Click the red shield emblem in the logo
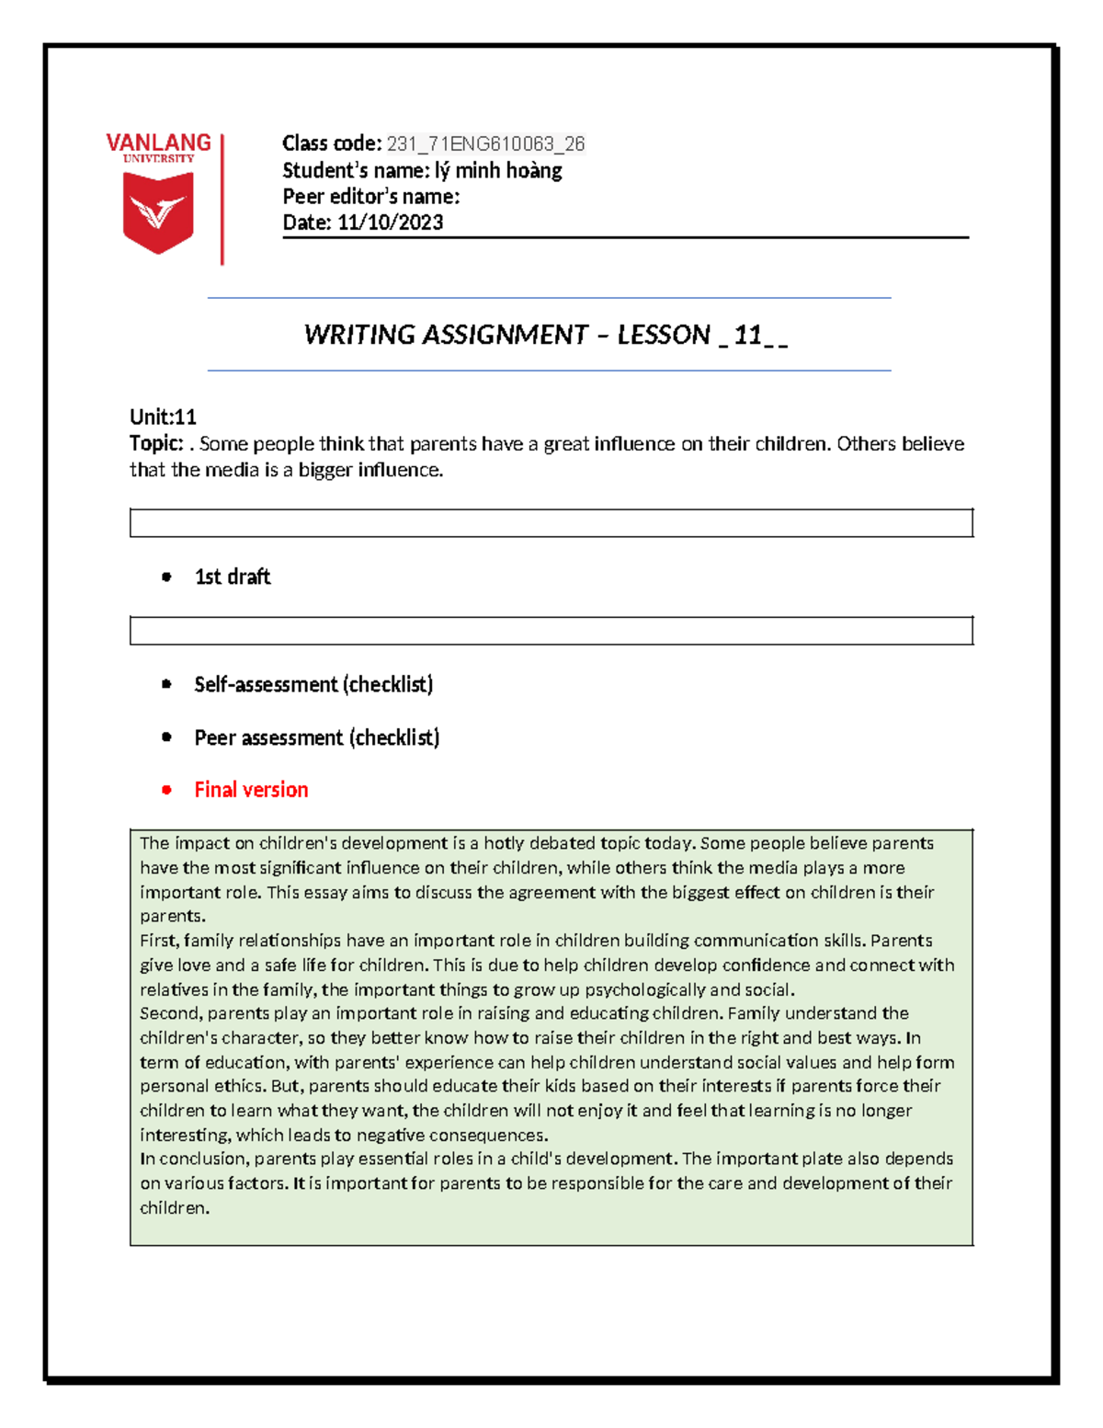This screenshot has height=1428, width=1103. (158, 212)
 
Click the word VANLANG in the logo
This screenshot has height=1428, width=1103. (158, 143)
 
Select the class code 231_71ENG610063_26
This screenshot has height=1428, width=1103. (485, 143)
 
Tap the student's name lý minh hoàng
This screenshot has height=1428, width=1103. (498, 170)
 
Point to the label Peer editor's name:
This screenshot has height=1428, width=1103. (370, 196)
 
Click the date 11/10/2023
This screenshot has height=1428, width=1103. (390, 222)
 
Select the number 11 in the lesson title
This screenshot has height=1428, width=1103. (747, 335)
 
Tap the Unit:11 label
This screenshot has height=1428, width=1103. (163, 417)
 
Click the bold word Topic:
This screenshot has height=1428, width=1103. (156, 443)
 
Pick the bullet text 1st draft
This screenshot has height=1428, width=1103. (233, 577)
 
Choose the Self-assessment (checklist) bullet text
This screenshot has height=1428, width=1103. (313, 684)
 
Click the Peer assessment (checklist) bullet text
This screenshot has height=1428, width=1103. (316, 737)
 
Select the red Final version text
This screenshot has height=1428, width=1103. (251, 790)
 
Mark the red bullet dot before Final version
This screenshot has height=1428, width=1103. (166, 790)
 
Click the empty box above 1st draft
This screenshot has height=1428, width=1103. (551, 522)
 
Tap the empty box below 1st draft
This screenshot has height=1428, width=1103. (551, 631)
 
